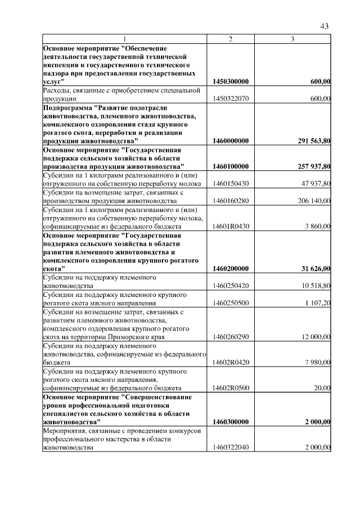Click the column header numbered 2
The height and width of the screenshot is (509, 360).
click(x=231, y=38)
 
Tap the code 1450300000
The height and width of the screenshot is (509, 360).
click(x=231, y=82)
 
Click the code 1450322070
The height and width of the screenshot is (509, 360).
click(x=231, y=99)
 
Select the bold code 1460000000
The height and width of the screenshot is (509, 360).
click(x=231, y=140)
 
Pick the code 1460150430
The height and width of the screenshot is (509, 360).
click(x=231, y=184)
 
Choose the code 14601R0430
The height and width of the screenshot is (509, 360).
click(x=231, y=226)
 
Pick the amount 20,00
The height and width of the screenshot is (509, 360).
click(x=323, y=388)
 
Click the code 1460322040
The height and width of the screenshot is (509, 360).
click(x=231, y=448)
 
